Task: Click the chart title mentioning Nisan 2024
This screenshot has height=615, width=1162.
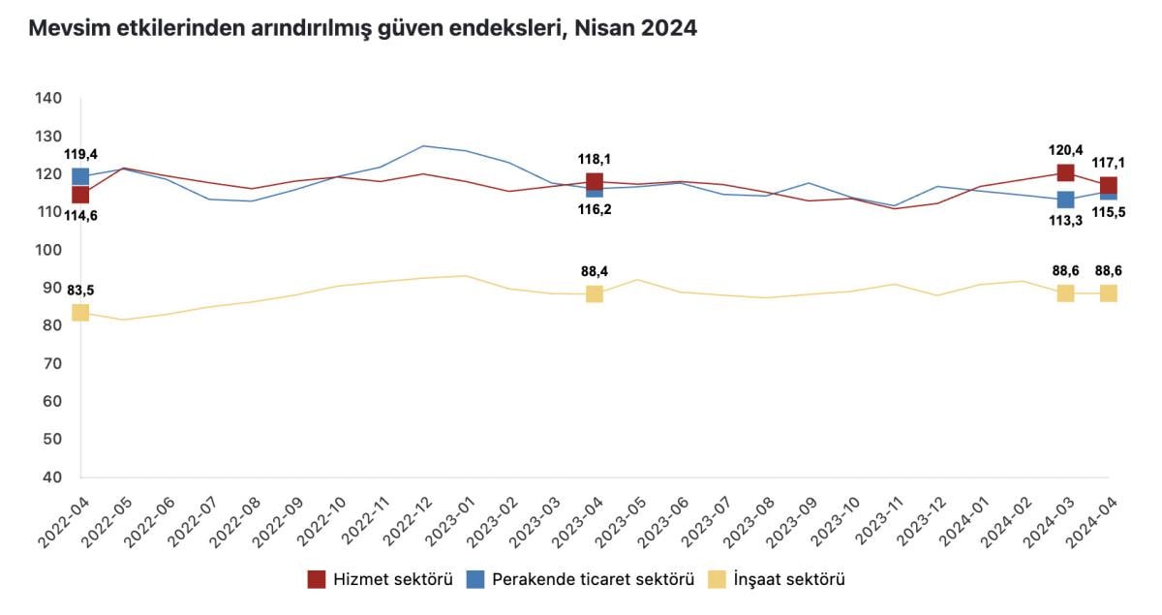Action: (362, 29)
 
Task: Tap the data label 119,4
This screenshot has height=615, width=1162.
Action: (80, 154)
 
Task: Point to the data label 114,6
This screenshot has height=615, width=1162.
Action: (80, 215)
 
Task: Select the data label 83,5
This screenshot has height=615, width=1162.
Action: (80, 290)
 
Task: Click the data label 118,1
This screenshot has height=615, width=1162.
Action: (595, 160)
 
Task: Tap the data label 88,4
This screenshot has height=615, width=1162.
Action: (595, 272)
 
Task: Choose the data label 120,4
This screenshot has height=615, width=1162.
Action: (1065, 150)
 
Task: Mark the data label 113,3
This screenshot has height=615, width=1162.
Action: (1065, 220)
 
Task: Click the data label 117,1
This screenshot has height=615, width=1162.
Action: (1109, 164)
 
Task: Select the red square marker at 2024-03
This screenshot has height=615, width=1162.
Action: (1065, 172)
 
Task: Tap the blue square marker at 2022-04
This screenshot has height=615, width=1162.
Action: (80, 176)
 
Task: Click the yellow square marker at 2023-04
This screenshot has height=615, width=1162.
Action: (595, 293)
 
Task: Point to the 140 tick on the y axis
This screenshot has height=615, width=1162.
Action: (47, 98)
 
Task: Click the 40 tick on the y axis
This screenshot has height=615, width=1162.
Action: (50, 477)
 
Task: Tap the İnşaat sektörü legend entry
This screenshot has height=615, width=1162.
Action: (779, 580)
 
